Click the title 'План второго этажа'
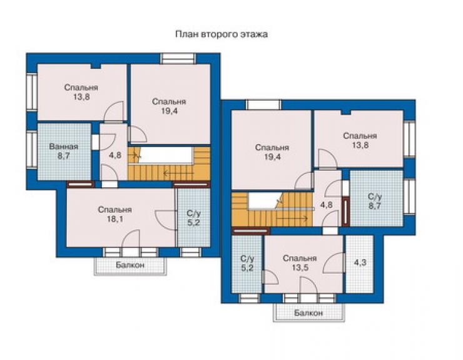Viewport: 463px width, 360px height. point(221,34)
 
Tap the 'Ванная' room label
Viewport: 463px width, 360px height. point(64,147)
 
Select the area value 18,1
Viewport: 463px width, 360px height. point(115,219)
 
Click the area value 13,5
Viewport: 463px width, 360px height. point(300,268)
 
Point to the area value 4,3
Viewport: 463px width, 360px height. point(360,262)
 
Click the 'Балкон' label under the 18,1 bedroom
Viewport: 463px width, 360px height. point(130,265)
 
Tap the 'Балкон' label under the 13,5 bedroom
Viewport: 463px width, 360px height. point(308,312)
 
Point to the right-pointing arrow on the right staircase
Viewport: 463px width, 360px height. point(293,219)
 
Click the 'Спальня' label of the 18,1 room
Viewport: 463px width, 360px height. point(114,210)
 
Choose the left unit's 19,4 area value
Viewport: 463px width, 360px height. point(169,111)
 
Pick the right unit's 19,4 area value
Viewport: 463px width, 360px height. point(272,157)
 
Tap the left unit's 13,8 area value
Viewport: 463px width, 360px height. point(81,97)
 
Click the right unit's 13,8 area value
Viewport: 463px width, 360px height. point(360,145)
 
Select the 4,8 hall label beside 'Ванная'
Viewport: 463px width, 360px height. point(115,155)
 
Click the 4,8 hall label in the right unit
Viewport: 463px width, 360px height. point(327,205)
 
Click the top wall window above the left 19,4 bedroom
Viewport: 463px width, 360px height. point(178,58)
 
